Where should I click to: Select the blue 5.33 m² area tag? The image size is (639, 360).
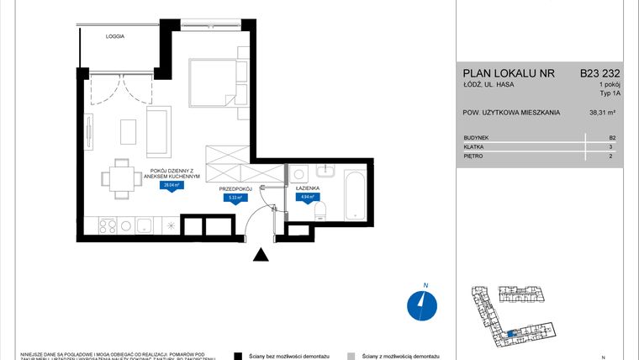[x=236, y=199]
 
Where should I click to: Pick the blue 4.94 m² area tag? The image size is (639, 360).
[x=306, y=199]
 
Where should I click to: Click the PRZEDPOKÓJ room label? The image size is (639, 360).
[x=236, y=189]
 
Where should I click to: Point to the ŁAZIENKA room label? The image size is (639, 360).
[x=305, y=189]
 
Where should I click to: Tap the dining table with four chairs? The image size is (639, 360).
[x=119, y=178]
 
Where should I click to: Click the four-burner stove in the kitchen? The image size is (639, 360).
[x=108, y=225]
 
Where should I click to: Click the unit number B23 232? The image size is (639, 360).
[x=600, y=73]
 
